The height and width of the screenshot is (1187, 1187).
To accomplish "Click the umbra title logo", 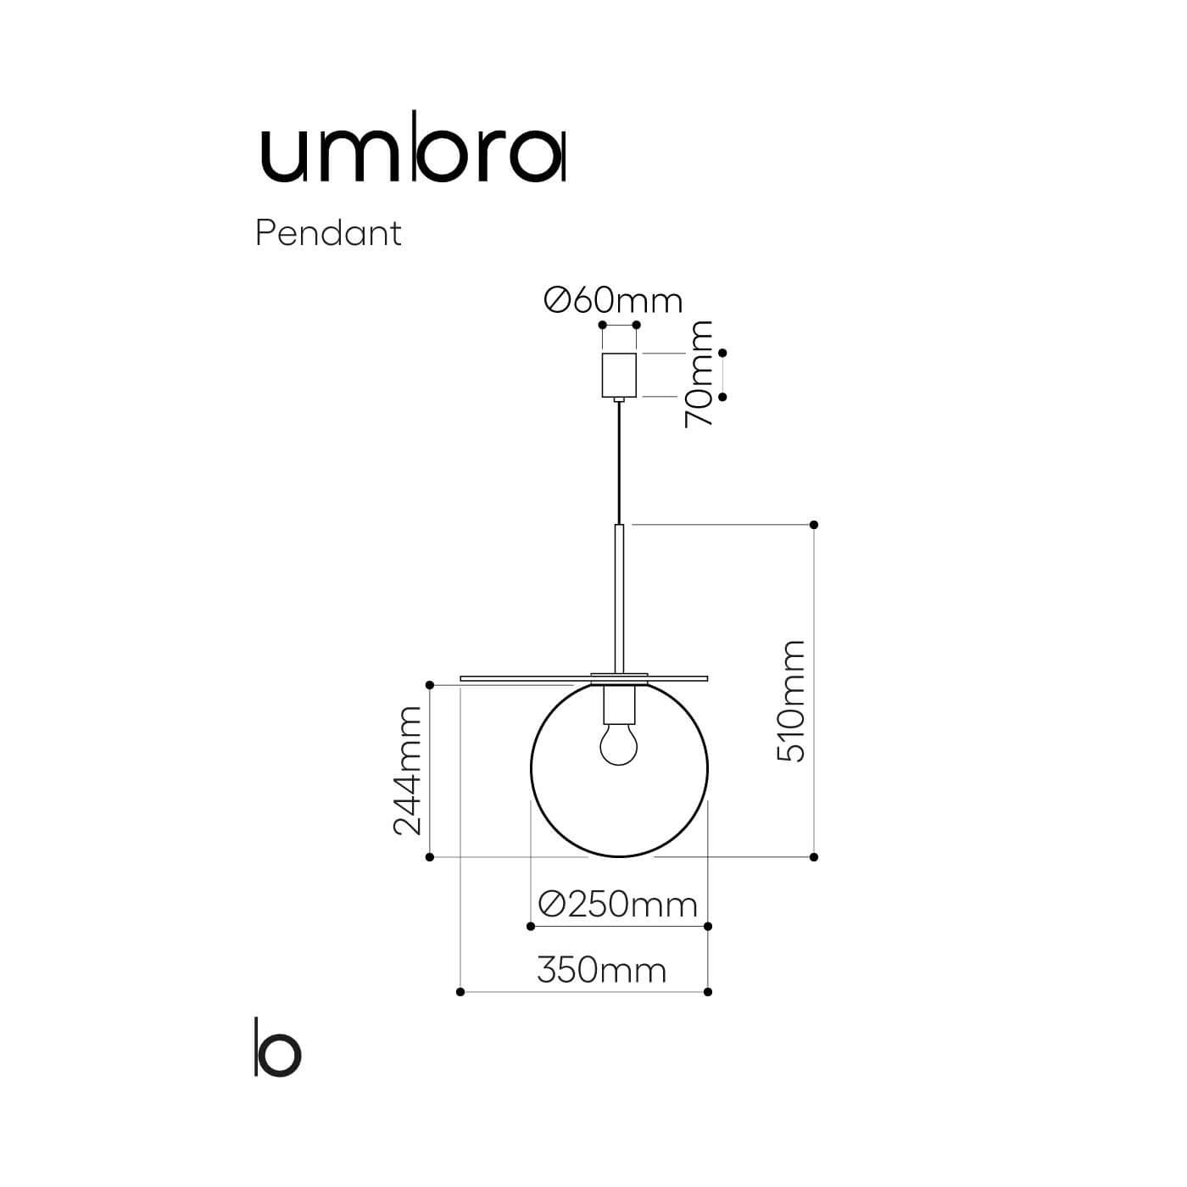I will (x=412, y=156).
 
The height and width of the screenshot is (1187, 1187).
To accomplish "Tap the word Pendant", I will (x=328, y=233).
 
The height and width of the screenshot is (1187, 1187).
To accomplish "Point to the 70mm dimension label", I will (x=700, y=374).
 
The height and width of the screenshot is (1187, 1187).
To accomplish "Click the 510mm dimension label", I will (x=791, y=701).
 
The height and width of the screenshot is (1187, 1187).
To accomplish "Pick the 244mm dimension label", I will (x=408, y=770).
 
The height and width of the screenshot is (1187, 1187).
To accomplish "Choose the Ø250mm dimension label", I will (x=618, y=905).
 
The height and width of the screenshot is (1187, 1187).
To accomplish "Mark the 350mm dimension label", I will (x=601, y=969).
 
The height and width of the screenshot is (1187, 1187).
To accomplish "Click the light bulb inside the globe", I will (x=618, y=744).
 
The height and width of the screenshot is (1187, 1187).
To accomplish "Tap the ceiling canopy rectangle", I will (x=619, y=375).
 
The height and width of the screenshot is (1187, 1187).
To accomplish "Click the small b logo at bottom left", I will (x=277, y=1048).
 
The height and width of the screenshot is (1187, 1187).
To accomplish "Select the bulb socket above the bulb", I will (x=619, y=702).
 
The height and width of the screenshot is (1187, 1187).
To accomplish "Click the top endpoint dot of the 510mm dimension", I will (x=814, y=525).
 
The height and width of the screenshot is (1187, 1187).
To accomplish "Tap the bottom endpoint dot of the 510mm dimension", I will (x=814, y=857).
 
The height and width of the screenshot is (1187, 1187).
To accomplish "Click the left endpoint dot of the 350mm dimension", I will (x=460, y=991).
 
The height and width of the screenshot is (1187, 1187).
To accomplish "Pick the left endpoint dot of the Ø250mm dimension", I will (x=530, y=926).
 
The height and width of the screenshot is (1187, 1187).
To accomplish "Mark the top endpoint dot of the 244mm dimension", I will (x=430, y=685).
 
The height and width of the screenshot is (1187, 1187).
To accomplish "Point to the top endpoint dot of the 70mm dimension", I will (x=722, y=353).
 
